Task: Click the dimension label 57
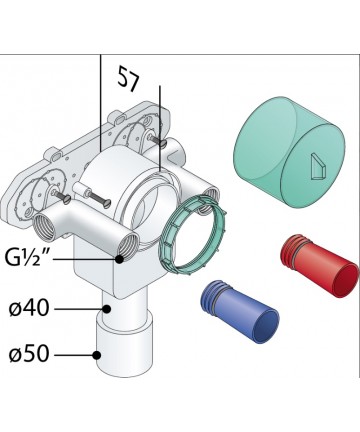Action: click(129, 79)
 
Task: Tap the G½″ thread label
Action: click(27, 258)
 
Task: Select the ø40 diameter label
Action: click(29, 309)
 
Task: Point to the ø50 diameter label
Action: click(29, 355)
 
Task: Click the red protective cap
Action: click(320, 266)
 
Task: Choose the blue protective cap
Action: click(239, 312)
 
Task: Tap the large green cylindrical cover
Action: click(290, 153)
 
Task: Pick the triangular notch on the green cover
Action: click(317, 167)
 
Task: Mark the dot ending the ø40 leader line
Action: click(107, 309)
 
